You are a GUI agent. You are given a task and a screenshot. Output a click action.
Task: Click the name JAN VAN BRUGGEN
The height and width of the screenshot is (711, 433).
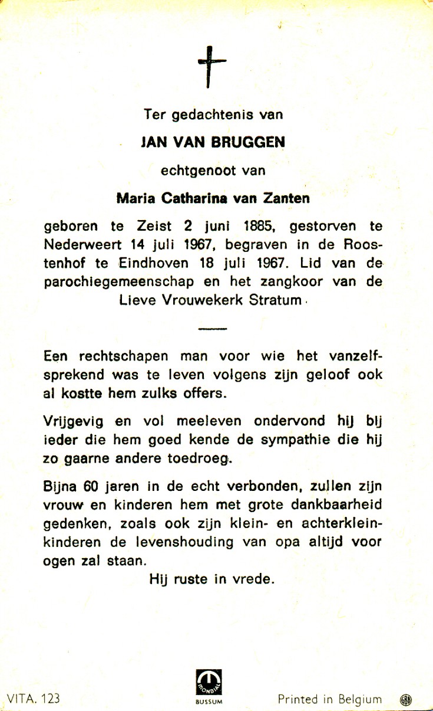pos(213,143)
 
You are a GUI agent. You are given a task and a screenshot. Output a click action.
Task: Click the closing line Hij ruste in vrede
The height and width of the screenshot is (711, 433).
pos(212,579)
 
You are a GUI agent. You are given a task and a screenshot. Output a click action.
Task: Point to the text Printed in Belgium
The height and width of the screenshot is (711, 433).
pos(330,699)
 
